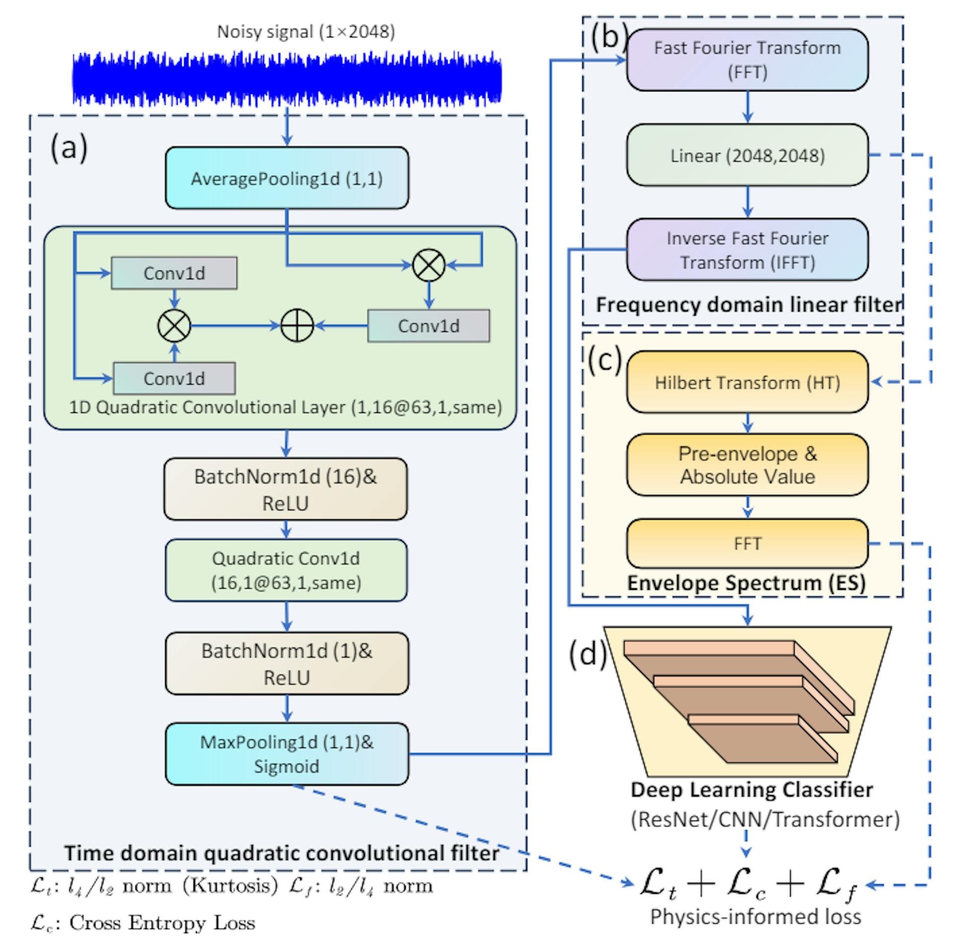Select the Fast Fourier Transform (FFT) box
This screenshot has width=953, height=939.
point(747,60)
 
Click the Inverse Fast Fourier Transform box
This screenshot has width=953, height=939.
point(747,250)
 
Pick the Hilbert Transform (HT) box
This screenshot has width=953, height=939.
point(747,382)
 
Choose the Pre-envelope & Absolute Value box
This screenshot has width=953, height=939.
point(747,465)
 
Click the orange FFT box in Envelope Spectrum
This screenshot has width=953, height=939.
point(747,543)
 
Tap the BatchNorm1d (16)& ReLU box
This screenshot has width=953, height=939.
point(285,489)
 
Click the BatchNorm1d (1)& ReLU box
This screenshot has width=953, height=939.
point(286,663)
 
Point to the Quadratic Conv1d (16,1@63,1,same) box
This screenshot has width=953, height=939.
point(286,570)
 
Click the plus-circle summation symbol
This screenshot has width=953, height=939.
point(297,326)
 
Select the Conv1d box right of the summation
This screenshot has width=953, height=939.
point(428,326)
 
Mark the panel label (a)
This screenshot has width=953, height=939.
point(69,148)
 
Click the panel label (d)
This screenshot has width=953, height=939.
point(588,654)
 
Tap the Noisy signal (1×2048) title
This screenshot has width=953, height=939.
point(306,32)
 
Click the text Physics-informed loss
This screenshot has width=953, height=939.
point(755,917)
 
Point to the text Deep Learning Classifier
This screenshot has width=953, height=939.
point(751,789)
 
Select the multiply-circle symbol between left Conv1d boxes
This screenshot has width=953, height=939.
point(174,326)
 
